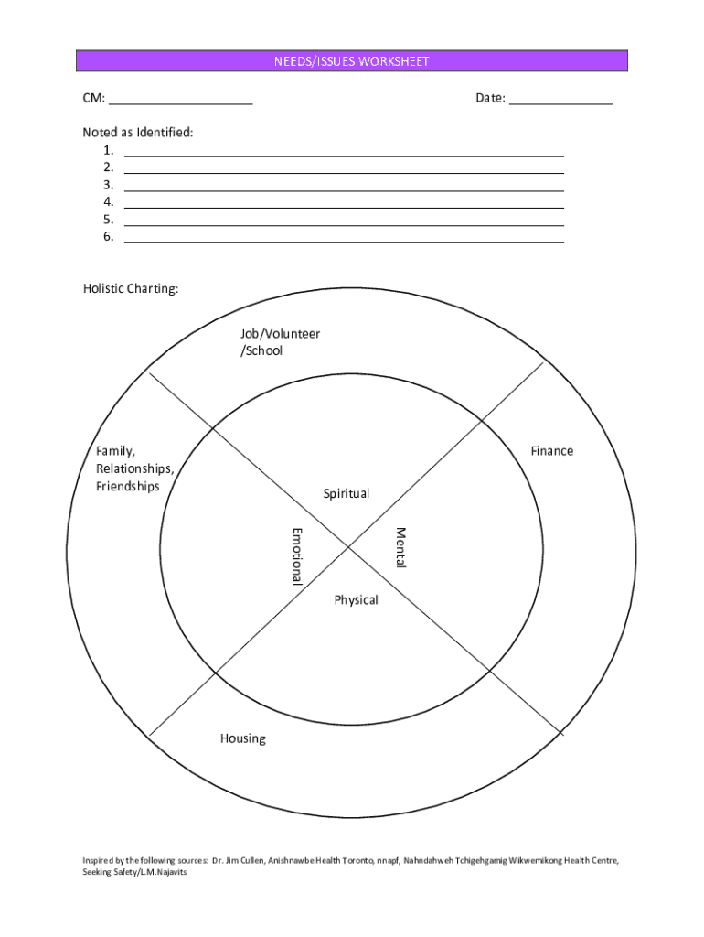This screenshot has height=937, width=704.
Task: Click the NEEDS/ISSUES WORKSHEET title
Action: click(352, 61)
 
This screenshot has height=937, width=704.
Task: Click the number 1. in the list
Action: click(109, 150)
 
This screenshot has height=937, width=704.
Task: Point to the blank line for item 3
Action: click(344, 189)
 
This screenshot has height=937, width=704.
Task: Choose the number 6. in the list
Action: click(109, 236)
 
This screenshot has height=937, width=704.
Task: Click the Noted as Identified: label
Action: click(138, 133)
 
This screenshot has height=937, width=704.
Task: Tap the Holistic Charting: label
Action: click(131, 289)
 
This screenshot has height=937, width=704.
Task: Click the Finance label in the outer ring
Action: click(552, 450)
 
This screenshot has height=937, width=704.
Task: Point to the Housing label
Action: click(242, 738)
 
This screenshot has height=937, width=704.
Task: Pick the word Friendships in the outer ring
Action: click(128, 486)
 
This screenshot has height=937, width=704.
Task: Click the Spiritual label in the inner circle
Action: click(347, 494)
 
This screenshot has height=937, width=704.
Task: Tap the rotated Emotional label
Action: click(296, 555)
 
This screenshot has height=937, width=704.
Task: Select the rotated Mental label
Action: click(400, 547)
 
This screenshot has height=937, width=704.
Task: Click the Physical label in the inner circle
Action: click(356, 600)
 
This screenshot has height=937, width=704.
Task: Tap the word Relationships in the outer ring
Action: click(134, 468)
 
